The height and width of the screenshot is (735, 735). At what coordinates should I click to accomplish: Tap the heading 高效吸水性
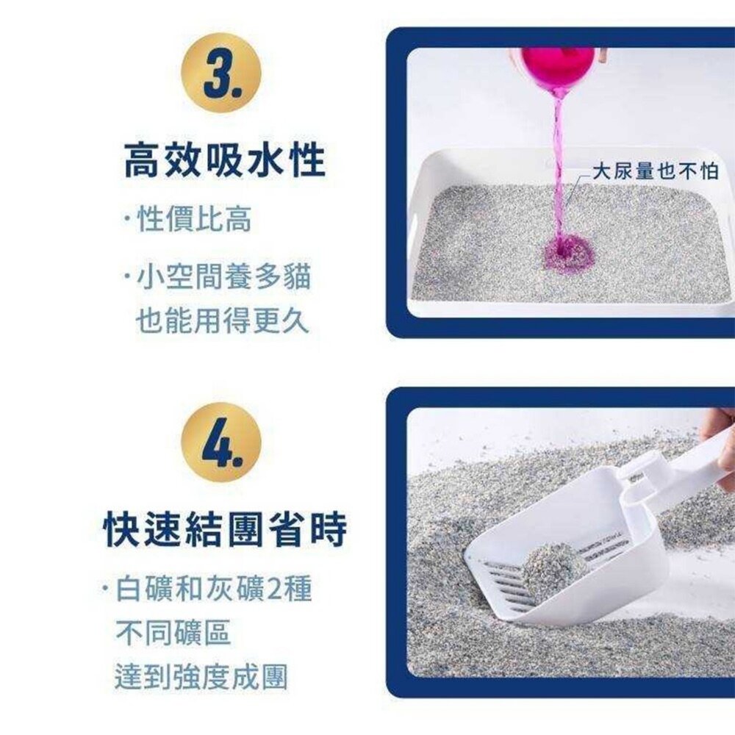pos(224,161)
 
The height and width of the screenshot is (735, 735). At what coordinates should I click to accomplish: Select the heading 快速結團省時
pos(224,526)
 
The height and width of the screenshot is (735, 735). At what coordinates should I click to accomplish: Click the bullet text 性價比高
pos(194,219)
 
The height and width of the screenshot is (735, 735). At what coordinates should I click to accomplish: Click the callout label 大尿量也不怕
pos(655,172)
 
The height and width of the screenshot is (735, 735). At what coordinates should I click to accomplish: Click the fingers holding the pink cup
pos(599,55)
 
